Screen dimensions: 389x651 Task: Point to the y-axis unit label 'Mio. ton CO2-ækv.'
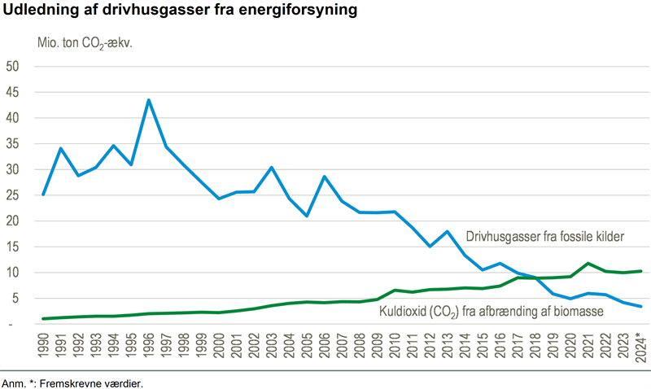tap(85, 43)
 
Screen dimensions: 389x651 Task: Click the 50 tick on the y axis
tap(13, 66)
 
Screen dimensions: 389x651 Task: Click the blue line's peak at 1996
tap(148, 100)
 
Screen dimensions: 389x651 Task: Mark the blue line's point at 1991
tap(60, 148)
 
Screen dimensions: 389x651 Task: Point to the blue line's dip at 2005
tap(307, 216)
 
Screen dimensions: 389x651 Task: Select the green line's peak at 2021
tap(588, 263)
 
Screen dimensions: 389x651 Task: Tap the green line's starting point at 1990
tap(43, 318)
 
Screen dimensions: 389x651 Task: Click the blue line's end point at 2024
tap(640, 307)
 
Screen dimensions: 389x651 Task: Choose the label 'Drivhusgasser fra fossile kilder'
tap(544, 237)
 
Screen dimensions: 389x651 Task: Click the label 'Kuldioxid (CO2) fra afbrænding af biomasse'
tap(492, 310)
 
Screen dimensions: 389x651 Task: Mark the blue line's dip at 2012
tap(430, 246)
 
